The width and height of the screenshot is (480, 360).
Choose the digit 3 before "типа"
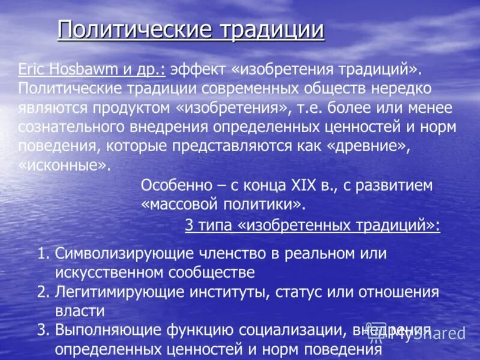click(188, 226)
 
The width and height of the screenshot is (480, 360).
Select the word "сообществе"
click(206, 272)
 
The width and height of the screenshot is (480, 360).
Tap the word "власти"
click(80, 311)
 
